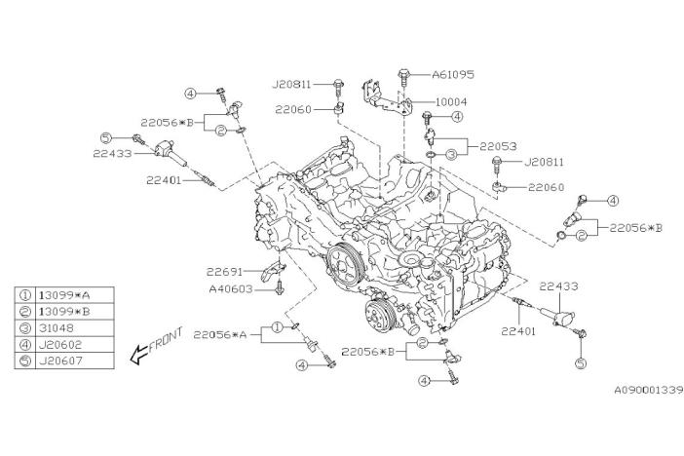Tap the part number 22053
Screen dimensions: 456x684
[489, 147]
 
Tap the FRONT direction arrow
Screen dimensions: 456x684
[156, 345]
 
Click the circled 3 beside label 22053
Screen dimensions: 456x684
[451, 154]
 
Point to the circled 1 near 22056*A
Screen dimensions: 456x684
[277, 327]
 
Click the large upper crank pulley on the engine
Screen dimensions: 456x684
[342, 263]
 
